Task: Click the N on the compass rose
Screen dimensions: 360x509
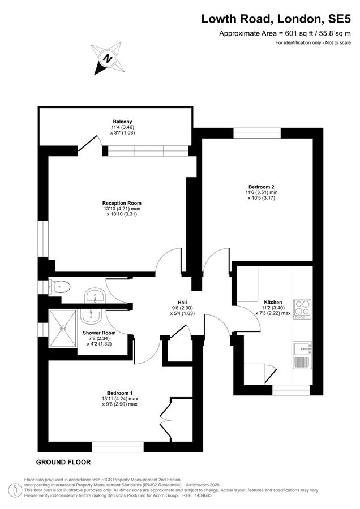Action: tap(107, 59)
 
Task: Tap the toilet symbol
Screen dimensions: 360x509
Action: tap(59, 287)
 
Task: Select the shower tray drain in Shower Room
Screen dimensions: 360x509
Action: tap(63, 329)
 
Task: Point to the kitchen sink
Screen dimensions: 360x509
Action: tap(302, 349)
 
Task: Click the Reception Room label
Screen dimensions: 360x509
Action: tap(122, 203)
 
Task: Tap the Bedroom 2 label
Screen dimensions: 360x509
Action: tap(262, 187)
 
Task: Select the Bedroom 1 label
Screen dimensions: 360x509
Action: tap(119, 393)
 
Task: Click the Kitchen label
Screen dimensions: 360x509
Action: tap(273, 302)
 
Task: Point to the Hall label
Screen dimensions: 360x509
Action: tap(182, 303)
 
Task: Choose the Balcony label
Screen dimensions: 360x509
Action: tap(122, 122)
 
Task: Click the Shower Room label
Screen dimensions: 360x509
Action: tap(99, 333)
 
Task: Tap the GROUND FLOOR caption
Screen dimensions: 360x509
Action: tap(63, 462)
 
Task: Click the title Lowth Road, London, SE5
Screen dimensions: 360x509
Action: tap(276, 19)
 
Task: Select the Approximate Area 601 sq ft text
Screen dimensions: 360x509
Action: tap(285, 33)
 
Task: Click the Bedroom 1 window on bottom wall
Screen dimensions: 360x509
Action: tap(118, 447)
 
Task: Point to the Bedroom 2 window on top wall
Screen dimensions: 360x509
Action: tap(257, 133)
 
